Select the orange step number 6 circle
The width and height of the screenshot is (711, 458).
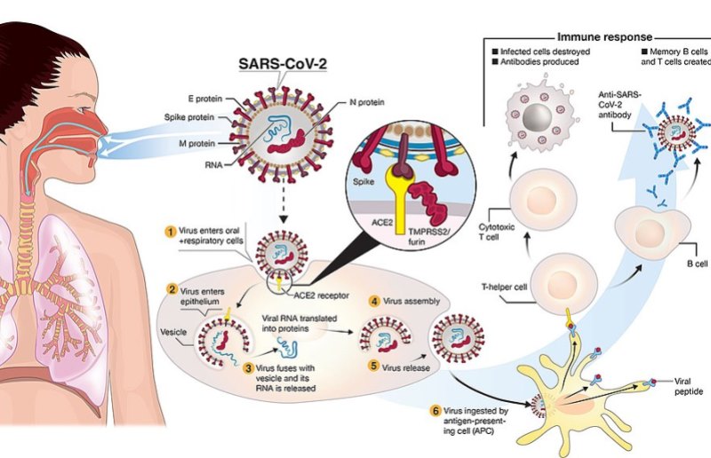click(435, 410)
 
